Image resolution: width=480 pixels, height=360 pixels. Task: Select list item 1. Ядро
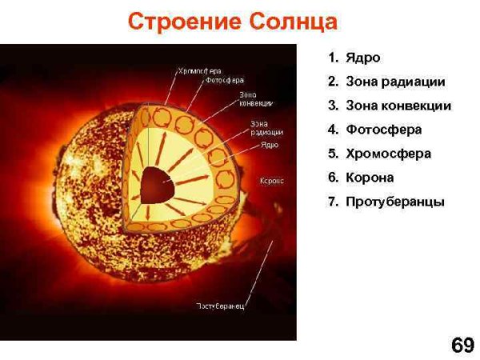click(x=354, y=58)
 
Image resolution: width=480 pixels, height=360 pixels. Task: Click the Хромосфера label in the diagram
click(x=199, y=70)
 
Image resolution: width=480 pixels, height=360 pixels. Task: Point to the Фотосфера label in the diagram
click(x=225, y=80)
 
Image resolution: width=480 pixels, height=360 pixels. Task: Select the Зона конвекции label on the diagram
click(x=256, y=98)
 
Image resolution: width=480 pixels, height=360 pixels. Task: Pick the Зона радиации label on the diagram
click(x=259, y=128)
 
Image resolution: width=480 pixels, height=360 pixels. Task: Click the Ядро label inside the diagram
click(x=270, y=145)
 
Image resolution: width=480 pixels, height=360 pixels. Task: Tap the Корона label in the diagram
click(x=272, y=181)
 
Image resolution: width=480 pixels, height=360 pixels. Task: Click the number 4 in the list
click(x=331, y=130)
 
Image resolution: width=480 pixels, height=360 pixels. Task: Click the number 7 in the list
click(x=331, y=202)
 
